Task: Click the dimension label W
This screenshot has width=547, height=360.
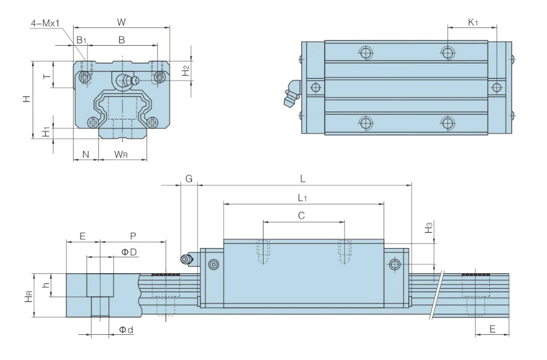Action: [x=121, y=22]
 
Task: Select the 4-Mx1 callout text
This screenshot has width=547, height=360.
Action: [x=50, y=23]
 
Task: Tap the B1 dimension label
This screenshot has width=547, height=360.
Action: [x=81, y=39]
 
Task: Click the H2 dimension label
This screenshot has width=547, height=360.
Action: [x=185, y=71]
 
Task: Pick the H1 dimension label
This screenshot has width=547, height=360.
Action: [x=46, y=130]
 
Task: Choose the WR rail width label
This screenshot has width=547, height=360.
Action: [x=121, y=154]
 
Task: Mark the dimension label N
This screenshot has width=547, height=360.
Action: [x=86, y=154]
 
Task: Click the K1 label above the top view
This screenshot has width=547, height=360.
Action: [x=473, y=22]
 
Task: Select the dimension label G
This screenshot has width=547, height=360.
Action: [x=189, y=179]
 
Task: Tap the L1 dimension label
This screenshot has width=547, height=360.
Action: [x=303, y=197]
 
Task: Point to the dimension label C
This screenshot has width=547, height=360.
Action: [x=302, y=215]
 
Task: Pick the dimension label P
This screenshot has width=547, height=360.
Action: [x=133, y=235]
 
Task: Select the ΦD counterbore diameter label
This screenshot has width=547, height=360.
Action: [x=129, y=252]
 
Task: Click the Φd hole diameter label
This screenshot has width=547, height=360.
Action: [x=126, y=330]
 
